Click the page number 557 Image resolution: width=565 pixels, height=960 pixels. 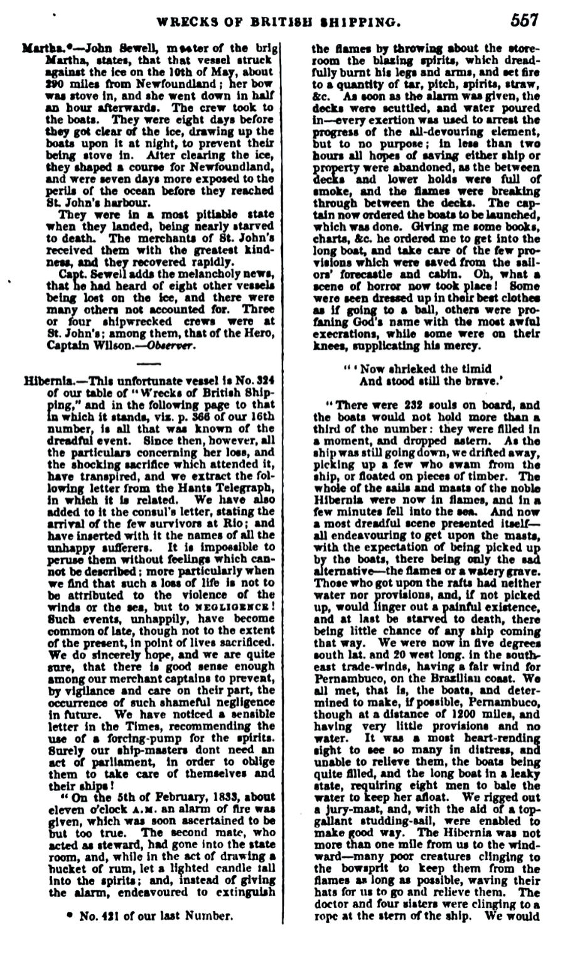click(524, 20)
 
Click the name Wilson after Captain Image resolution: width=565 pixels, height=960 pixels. click(117, 346)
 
